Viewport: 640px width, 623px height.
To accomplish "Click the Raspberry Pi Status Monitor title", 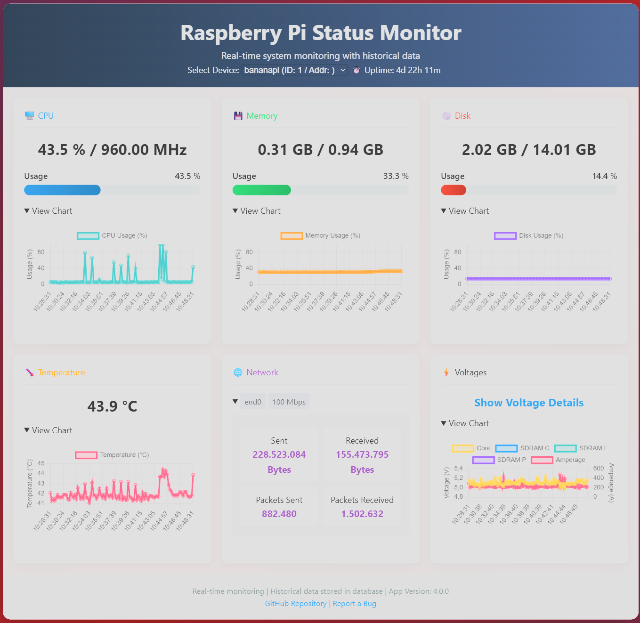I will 321,33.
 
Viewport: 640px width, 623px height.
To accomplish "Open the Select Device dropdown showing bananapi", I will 295,70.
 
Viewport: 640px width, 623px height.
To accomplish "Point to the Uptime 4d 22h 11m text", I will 402,70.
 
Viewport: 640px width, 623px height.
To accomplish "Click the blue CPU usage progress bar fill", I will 62,190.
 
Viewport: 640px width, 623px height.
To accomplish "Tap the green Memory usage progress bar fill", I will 261,190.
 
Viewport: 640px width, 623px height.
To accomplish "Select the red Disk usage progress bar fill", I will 453,190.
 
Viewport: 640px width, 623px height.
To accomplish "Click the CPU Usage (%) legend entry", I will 113,235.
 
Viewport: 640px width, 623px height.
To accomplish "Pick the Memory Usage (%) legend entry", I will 321,235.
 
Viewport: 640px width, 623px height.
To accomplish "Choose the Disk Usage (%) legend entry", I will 529,235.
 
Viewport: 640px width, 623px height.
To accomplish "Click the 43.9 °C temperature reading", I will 112,406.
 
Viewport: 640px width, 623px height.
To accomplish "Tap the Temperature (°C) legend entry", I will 112,455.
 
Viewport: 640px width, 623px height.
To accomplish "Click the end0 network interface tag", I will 252,402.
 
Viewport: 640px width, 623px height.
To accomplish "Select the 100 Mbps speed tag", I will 289,402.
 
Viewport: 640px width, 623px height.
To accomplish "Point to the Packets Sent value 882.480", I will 279,514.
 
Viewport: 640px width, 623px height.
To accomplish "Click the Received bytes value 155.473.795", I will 362,454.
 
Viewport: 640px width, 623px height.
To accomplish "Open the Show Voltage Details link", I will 529,403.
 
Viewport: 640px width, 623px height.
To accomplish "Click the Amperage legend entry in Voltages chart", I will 559,460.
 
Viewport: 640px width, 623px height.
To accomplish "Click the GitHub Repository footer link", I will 295,604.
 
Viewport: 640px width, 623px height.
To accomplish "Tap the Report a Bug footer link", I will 354,604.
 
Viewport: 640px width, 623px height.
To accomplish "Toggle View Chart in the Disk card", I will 465,211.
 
